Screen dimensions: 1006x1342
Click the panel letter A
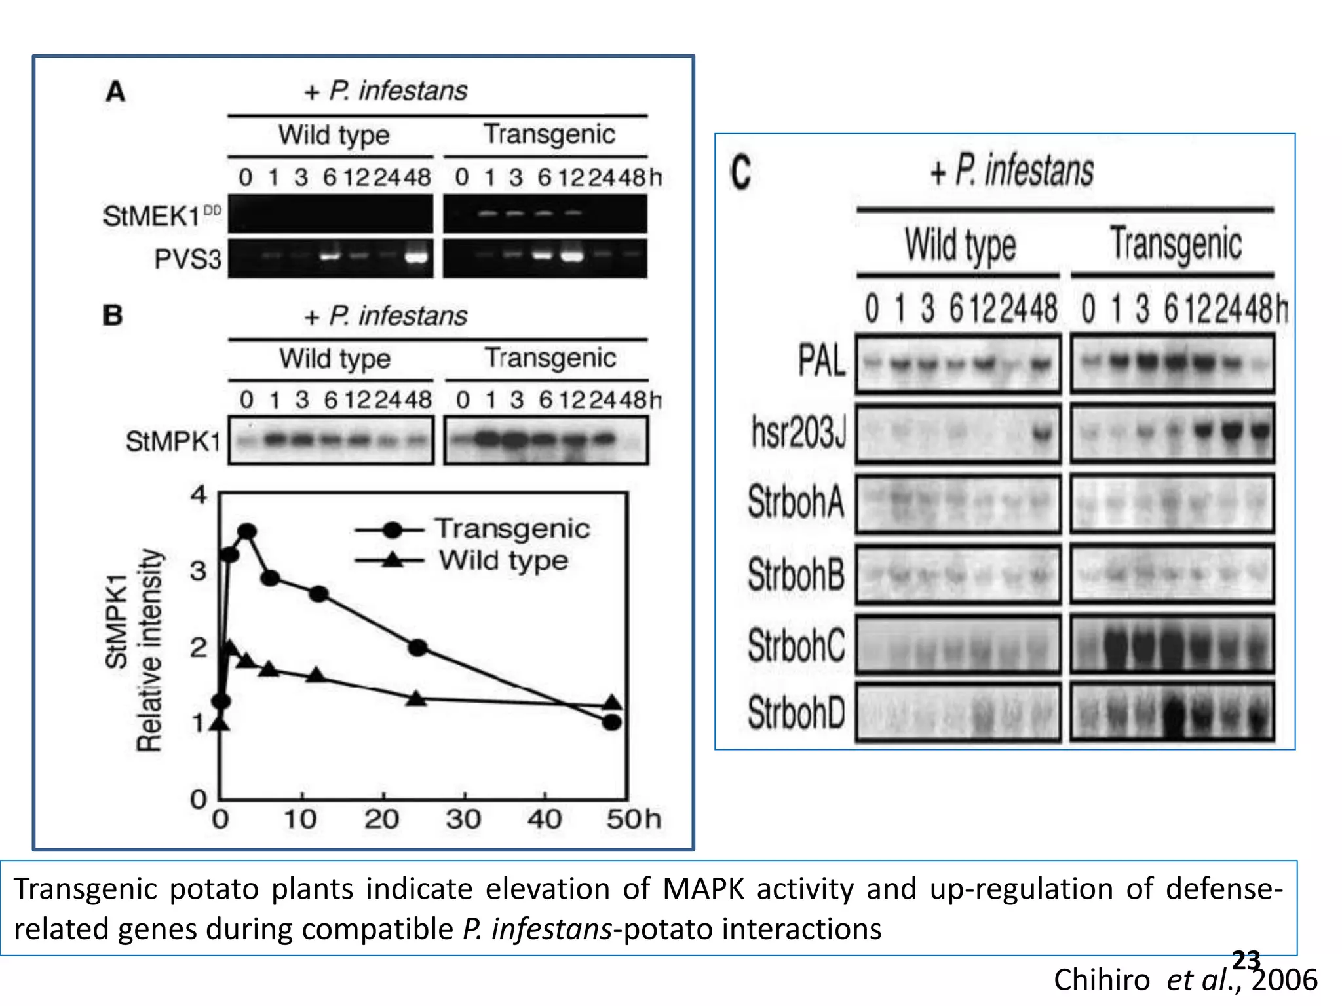pyautogui.click(x=115, y=92)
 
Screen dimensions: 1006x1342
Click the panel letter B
pyautogui.click(x=113, y=316)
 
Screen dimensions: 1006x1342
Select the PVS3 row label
pyautogui.click(x=187, y=259)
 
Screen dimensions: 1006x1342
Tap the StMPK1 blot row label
pyautogui.click(x=173, y=441)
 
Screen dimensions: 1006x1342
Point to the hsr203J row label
pyautogui.click(x=799, y=433)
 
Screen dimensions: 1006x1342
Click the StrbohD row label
pyautogui.click(x=796, y=713)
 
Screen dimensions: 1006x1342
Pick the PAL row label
pyautogui.click(x=822, y=361)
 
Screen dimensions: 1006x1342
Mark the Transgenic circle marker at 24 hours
pyautogui.click(x=417, y=648)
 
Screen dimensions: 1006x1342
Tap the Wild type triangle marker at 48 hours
pyautogui.click(x=612, y=703)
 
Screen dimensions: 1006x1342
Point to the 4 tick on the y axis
pyautogui.click(x=199, y=494)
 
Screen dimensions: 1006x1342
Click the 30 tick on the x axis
pyautogui.click(x=463, y=819)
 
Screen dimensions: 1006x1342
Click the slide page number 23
pyautogui.click(x=1246, y=961)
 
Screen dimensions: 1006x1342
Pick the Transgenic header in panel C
pyautogui.click(x=1175, y=244)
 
